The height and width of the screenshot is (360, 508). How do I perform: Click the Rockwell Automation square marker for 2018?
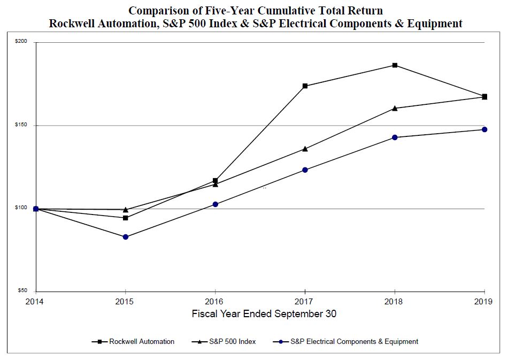(x=395, y=65)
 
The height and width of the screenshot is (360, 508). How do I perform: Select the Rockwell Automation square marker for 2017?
(x=305, y=86)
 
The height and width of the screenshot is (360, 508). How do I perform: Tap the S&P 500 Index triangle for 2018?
(x=395, y=108)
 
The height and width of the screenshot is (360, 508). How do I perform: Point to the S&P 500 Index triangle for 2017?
(x=305, y=148)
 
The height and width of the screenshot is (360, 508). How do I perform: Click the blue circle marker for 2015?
(x=126, y=237)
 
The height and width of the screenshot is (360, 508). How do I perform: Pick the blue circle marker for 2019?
(x=484, y=129)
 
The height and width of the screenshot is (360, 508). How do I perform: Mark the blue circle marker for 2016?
(x=215, y=204)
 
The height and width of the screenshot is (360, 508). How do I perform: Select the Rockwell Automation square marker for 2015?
(x=126, y=218)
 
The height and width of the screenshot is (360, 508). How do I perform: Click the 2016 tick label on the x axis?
(x=215, y=301)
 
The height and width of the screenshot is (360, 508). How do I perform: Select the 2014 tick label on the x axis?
(x=36, y=301)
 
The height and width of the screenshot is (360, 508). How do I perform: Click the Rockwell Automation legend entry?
(x=142, y=341)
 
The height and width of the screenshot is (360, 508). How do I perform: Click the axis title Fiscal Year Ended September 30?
(x=264, y=314)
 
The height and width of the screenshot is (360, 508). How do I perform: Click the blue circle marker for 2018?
(x=395, y=137)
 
